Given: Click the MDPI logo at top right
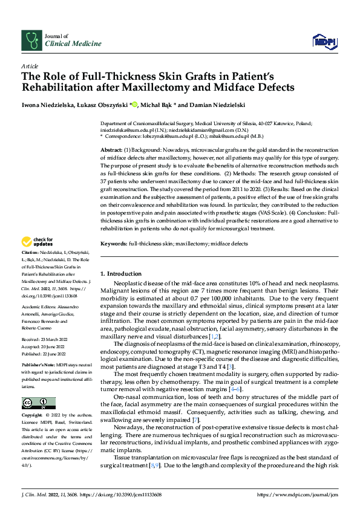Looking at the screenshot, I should (x=324, y=41).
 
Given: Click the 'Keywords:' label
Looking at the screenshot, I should (x=113, y=244).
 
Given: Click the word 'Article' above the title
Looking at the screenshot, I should (x=30, y=66).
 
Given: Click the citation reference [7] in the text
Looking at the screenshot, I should (x=195, y=403).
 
